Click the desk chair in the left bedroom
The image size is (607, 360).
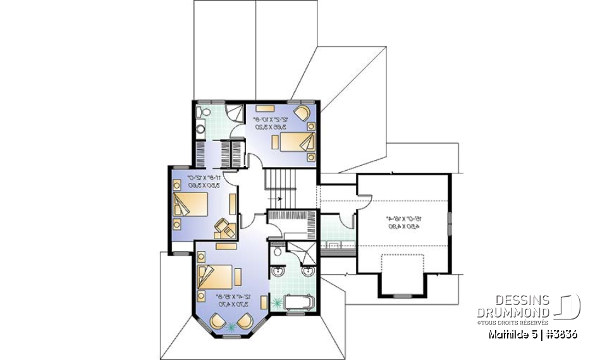pyautogui.click(x=221, y=225)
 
